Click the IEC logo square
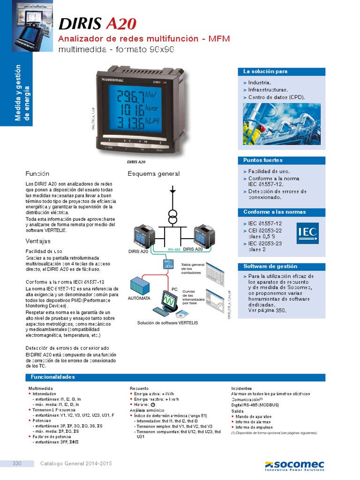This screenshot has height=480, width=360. (307, 232)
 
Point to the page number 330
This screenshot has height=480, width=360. (17, 464)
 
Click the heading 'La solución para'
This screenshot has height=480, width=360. (265, 71)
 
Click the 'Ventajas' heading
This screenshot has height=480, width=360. (38, 241)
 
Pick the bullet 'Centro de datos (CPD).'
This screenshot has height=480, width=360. (277, 97)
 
